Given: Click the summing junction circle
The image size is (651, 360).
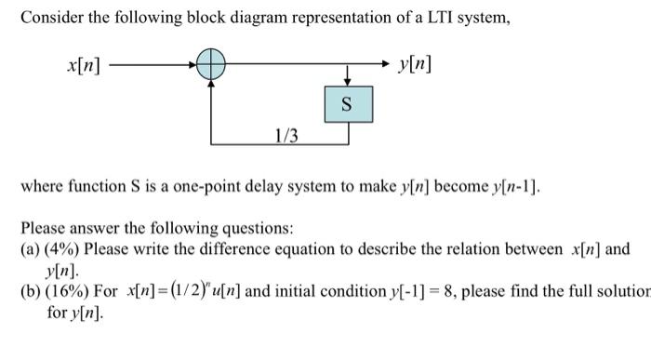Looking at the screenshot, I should pos(212,66).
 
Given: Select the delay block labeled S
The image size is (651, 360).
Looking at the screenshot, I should pos(348,103).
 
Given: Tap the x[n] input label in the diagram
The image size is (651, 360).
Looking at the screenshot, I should pos(85,66).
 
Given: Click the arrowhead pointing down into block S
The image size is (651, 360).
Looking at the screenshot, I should pos(348,80).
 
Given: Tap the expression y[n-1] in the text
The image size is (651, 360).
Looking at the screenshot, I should pos(511,185).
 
